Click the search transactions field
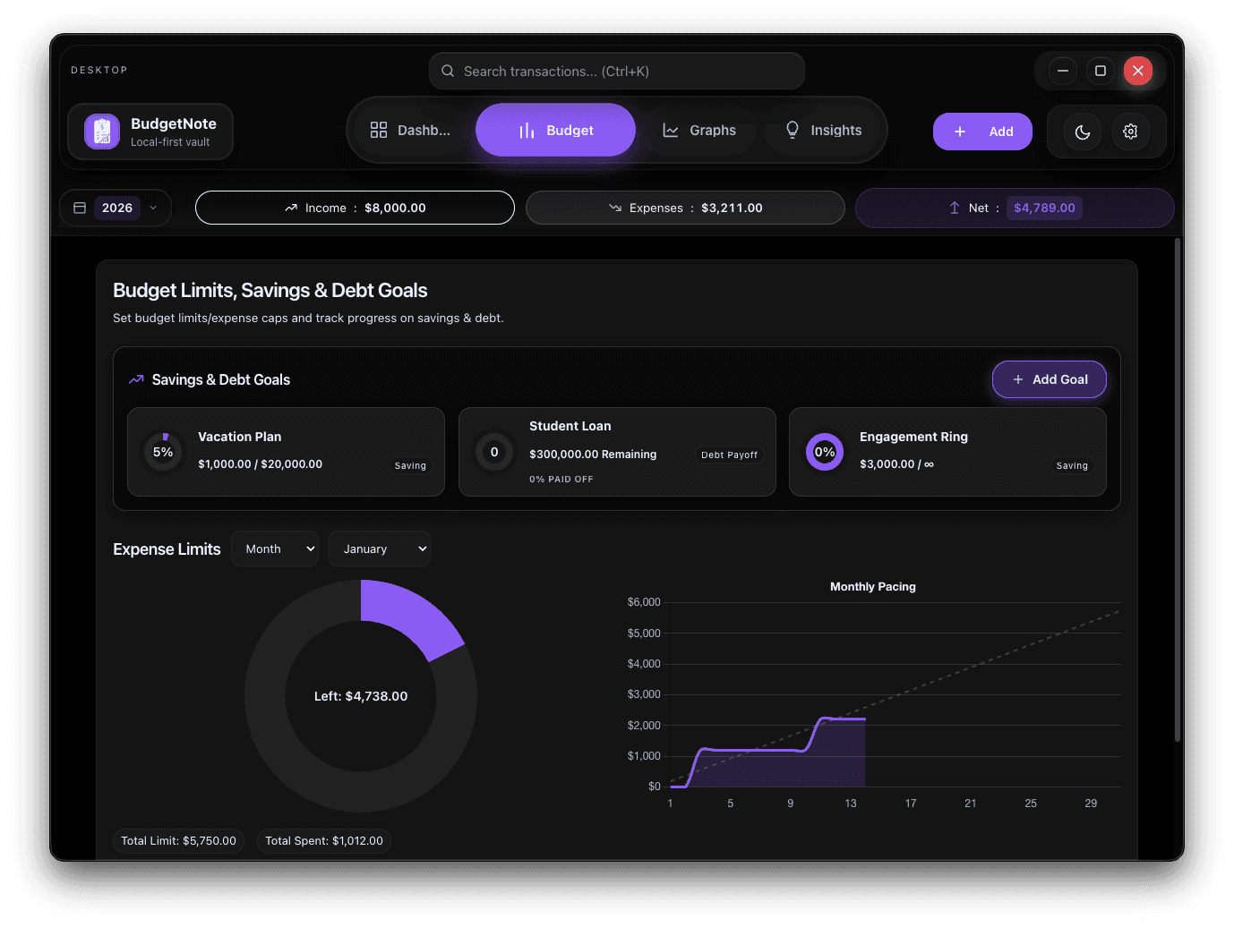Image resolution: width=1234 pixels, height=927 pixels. (616, 72)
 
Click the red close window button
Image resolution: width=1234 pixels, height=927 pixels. (1137, 71)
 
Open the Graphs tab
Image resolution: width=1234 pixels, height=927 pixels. (699, 131)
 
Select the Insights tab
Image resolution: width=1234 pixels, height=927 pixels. (823, 131)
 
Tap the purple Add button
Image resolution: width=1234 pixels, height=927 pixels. (982, 132)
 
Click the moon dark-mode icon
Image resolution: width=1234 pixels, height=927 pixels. (1083, 132)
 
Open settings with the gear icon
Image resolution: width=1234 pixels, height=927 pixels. (1130, 132)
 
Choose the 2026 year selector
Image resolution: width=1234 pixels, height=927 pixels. (116, 208)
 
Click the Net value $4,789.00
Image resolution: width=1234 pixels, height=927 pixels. (1044, 208)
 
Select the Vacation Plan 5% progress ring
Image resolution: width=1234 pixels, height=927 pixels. (163, 452)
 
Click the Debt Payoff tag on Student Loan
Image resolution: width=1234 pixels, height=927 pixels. (729, 455)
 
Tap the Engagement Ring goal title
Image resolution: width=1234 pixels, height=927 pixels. (913, 437)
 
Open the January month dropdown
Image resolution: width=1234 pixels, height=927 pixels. (380, 549)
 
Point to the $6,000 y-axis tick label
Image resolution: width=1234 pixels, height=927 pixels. (644, 602)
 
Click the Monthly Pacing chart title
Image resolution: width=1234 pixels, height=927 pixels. (872, 587)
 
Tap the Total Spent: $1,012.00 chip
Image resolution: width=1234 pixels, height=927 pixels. (324, 841)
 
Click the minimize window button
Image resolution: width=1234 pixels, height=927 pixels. (1063, 71)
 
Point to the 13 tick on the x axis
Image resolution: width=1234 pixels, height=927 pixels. (851, 804)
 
